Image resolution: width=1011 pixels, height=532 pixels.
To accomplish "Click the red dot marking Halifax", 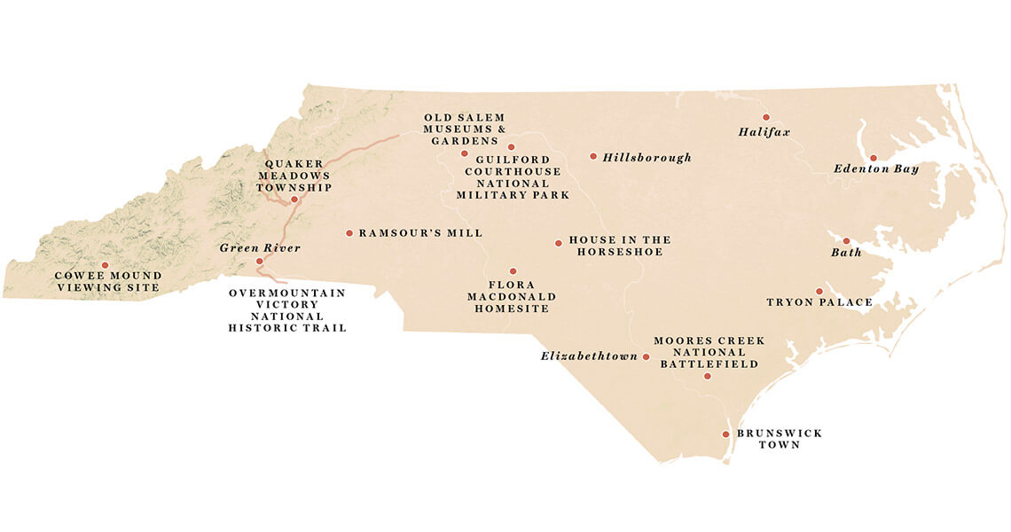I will (x=766, y=117).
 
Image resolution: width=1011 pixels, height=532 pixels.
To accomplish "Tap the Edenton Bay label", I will (x=875, y=168).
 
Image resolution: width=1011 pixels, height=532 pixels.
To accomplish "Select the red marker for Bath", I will (x=846, y=241).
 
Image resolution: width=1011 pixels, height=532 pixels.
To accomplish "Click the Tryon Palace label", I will (x=819, y=302).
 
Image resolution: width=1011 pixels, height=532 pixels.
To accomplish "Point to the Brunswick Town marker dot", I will (x=725, y=434).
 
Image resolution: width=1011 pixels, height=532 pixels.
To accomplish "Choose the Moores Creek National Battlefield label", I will (x=709, y=352).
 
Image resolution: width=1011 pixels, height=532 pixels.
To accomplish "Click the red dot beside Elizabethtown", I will (x=647, y=357).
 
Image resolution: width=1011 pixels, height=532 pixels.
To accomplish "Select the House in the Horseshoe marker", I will (x=558, y=243).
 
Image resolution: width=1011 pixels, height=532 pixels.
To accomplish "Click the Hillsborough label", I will (x=647, y=158).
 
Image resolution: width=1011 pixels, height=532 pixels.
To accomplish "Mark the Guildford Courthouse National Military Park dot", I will (x=511, y=147).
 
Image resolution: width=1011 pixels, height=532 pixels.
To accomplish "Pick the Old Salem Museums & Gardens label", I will (x=464, y=129).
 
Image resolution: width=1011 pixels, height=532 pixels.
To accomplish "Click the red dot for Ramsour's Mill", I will (x=349, y=233).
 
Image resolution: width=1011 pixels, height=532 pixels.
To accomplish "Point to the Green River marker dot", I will (x=259, y=262).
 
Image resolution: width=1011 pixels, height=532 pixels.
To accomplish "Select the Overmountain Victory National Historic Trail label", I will (x=286, y=310).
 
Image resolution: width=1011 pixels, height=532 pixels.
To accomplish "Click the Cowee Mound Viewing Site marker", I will (x=105, y=265).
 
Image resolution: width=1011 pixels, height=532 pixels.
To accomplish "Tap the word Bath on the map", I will (x=846, y=253).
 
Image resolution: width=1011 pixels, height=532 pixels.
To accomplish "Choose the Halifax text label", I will (x=764, y=132).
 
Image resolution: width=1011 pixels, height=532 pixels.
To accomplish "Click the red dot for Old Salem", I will (x=464, y=153).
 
